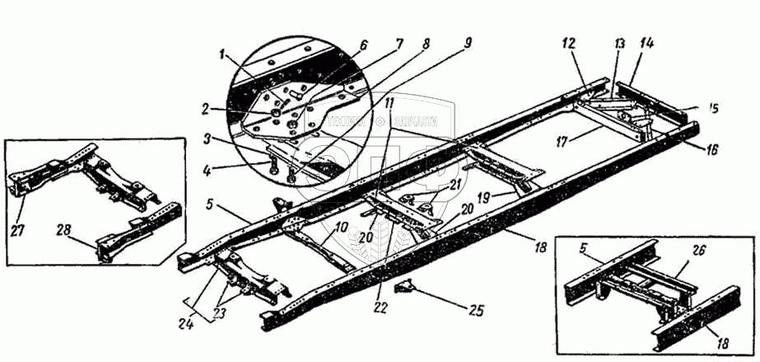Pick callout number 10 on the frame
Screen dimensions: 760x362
coord(340,228)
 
